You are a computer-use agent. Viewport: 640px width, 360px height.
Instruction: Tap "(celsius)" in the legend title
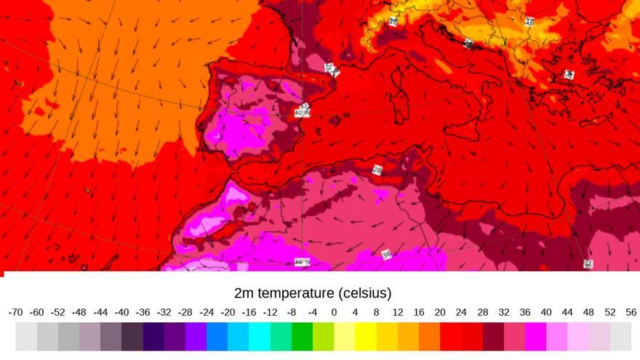point(365,294)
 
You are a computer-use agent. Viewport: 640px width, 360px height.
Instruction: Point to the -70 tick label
point(15,312)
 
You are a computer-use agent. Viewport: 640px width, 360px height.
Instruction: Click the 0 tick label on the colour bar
point(334,312)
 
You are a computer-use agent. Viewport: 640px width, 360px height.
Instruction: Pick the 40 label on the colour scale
point(546,312)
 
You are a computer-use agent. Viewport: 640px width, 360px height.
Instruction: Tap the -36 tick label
point(143,312)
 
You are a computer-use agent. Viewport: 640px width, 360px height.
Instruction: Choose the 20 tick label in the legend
point(440,312)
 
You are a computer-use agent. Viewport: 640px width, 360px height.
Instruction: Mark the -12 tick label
point(270,312)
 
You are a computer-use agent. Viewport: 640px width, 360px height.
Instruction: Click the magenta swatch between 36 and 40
point(536,337)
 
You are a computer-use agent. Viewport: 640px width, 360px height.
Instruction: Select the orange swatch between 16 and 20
point(430,337)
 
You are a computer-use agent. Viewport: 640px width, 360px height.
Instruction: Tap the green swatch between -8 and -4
point(302,337)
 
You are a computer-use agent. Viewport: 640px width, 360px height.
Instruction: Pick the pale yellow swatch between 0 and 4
point(345,337)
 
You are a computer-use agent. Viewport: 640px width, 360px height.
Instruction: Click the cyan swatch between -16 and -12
point(260,337)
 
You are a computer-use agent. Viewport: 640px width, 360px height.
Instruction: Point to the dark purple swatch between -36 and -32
point(153,337)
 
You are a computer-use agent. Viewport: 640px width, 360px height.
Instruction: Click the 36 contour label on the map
point(386,255)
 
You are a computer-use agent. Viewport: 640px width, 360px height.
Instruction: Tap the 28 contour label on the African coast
point(377,170)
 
